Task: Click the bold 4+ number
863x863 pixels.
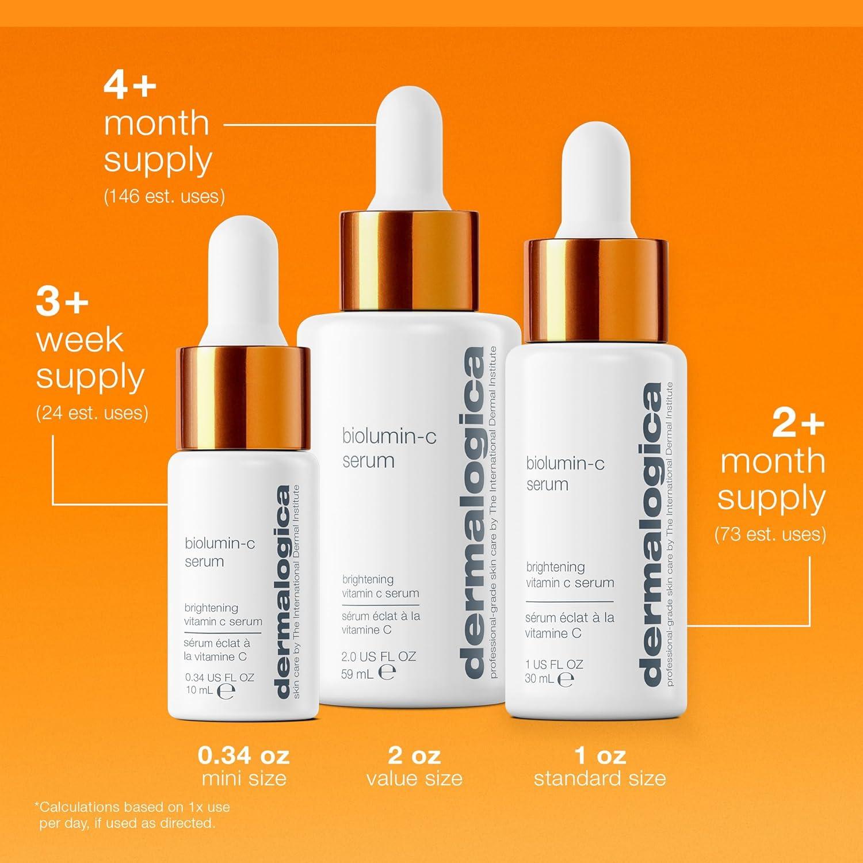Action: tap(130, 86)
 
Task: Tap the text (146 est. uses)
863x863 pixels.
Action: tap(164, 196)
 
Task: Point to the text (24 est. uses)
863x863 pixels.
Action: tap(92, 413)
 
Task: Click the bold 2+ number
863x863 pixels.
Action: tap(798, 424)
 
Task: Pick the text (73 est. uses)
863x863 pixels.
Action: tap(770, 534)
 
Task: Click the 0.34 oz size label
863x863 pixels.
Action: tap(243, 755)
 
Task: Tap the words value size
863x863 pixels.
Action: tap(414, 778)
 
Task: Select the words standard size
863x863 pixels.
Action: tap(599, 778)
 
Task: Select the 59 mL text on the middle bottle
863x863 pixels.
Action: tap(357, 674)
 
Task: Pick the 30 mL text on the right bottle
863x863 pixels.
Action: tap(540, 679)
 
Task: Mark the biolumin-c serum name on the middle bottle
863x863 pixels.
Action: tap(389, 449)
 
